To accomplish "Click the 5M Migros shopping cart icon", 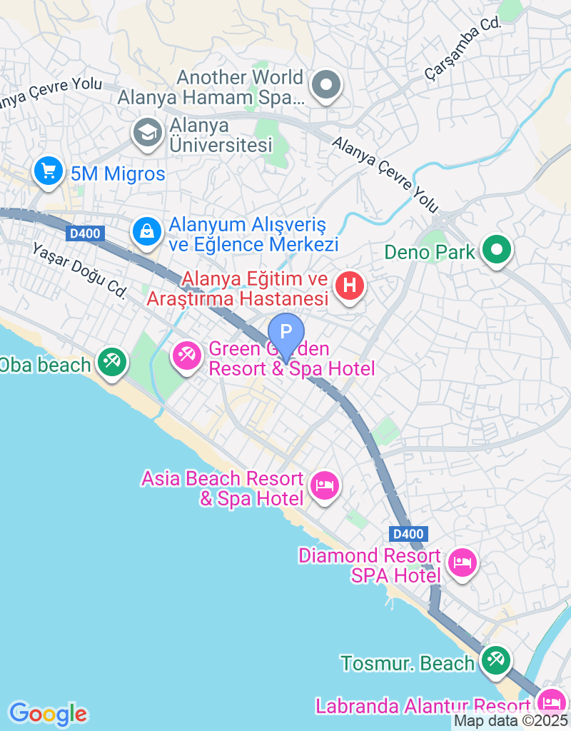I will [x=49, y=172].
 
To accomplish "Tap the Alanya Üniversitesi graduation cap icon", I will [x=148, y=132].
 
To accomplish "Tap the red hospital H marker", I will [x=350, y=286].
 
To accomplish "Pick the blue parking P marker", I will [x=286, y=333].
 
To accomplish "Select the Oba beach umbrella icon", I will [x=111, y=362].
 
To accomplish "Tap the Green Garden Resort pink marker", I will [x=187, y=355].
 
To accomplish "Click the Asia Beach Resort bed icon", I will [x=325, y=486].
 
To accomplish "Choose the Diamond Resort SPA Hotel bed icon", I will [x=463, y=563].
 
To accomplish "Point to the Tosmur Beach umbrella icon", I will [x=495, y=660].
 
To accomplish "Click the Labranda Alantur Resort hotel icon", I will [x=551, y=702].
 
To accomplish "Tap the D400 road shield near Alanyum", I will [x=86, y=233].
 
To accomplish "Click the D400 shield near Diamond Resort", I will [x=409, y=533].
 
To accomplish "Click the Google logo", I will [x=48, y=713].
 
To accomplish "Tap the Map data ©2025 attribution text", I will [x=510, y=722].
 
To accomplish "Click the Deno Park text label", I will [x=430, y=251].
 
